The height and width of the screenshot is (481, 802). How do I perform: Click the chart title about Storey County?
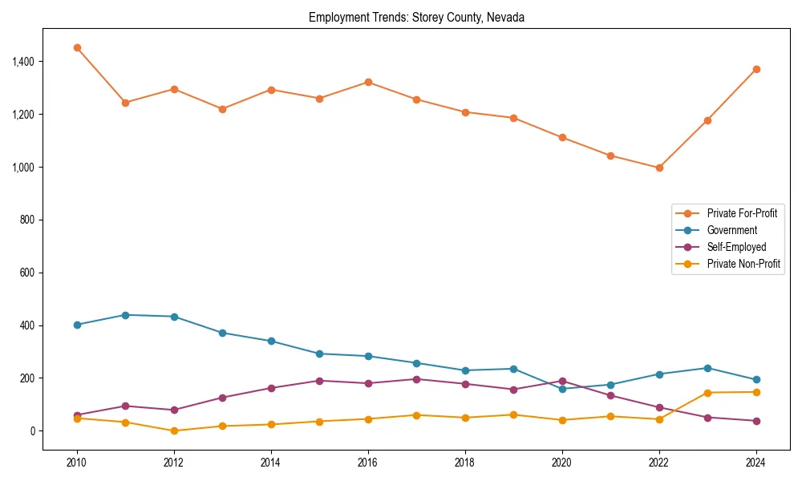(416, 18)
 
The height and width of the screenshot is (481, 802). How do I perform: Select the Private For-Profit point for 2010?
(77, 47)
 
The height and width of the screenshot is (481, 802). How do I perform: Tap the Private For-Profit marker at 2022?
(659, 168)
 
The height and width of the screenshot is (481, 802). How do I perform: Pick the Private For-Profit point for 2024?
(756, 69)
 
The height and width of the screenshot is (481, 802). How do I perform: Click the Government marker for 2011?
(126, 315)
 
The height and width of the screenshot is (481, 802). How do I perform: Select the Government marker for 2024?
(756, 380)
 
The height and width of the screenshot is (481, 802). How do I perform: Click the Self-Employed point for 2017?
(416, 379)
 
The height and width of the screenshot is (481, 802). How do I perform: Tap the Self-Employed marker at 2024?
(756, 421)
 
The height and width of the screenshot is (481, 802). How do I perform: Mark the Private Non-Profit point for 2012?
(174, 430)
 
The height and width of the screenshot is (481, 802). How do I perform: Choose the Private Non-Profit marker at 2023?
(707, 393)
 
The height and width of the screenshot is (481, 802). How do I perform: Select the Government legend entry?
(731, 230)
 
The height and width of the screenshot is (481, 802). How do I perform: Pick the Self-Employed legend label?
(736, 247)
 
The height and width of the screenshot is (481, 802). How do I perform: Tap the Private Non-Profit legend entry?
(743, 264)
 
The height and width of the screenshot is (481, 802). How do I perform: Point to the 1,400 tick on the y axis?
(22, 62)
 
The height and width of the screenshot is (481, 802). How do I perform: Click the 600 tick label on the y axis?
(26, 273)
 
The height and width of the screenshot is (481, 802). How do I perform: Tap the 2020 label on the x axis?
(562, 463)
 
